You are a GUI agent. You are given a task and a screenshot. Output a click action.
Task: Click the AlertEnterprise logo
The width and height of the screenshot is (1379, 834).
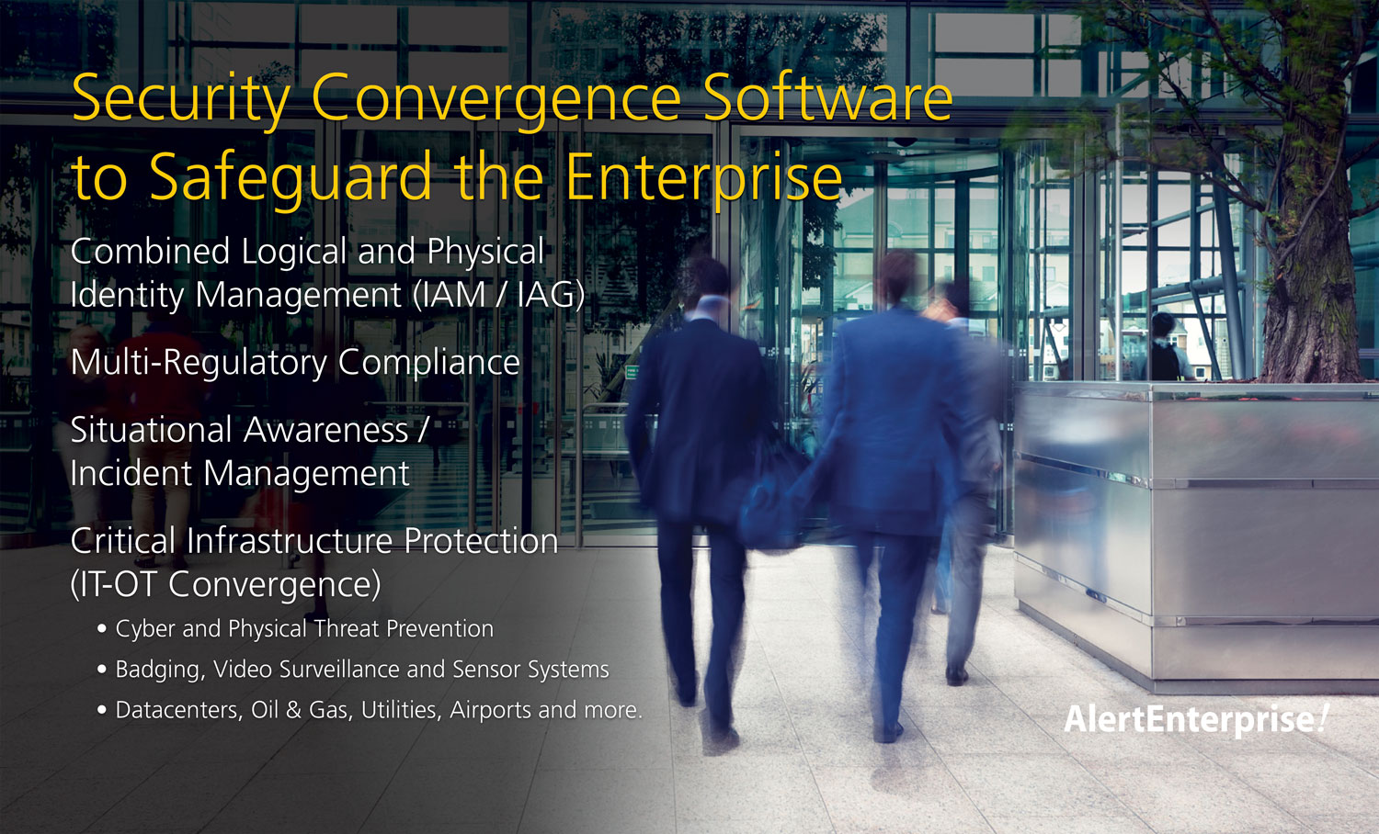coord(1196,719)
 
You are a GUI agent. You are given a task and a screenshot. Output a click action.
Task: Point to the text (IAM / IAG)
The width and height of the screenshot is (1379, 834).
coord(498,295)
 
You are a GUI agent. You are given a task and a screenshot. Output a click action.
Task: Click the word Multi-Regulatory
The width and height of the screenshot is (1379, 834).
coord(199,362)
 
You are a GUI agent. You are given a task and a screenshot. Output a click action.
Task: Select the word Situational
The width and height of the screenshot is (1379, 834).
coord(151,429)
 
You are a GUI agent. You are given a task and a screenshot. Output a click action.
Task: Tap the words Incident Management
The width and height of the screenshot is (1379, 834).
coord(240,474)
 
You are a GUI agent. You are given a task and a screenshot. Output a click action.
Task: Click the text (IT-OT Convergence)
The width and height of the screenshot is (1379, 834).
coord(226,583)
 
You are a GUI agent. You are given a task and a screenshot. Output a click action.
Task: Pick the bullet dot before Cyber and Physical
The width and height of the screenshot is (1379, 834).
coord(102,629)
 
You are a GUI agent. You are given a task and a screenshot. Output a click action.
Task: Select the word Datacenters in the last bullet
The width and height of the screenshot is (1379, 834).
coord(179,710)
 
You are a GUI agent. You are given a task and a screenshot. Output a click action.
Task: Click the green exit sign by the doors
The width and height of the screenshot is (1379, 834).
coord(631,371)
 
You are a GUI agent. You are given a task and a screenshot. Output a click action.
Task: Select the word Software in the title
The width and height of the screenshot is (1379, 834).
coord(828,98)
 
